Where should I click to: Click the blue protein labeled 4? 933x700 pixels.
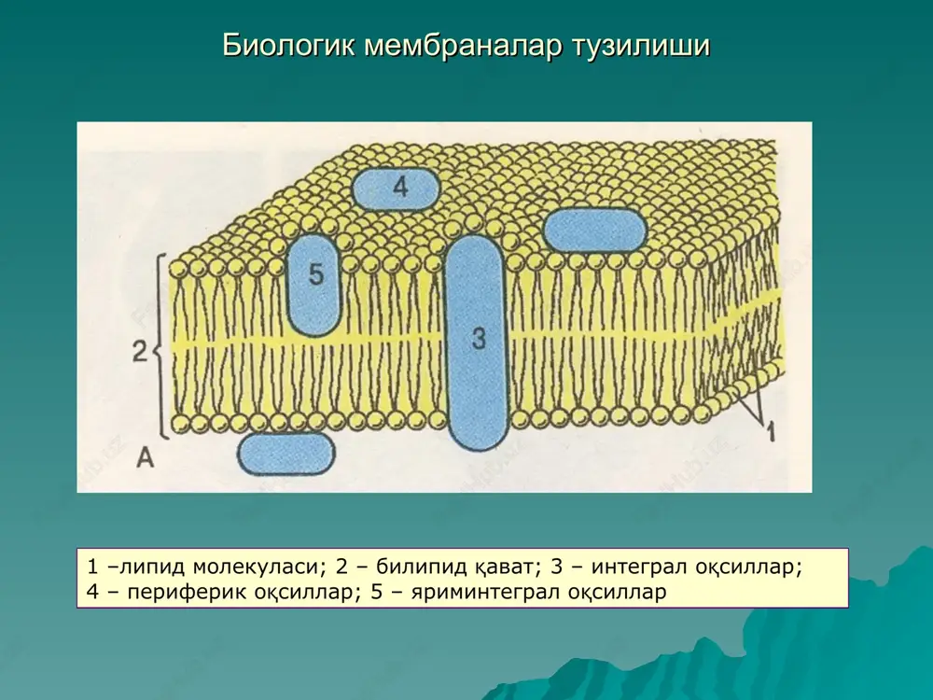(397, 189)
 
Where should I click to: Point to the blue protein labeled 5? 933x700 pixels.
(314, 285)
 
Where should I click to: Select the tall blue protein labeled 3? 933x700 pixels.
(477, 343)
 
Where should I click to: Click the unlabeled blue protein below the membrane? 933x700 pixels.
(286, 455)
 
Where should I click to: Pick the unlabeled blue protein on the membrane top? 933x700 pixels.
(595, 230)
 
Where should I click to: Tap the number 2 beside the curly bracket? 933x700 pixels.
(139, 352)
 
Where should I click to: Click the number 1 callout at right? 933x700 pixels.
(771, 431)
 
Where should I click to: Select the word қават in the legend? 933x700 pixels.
(508, 567)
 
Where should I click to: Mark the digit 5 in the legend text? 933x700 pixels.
(376, 592)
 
